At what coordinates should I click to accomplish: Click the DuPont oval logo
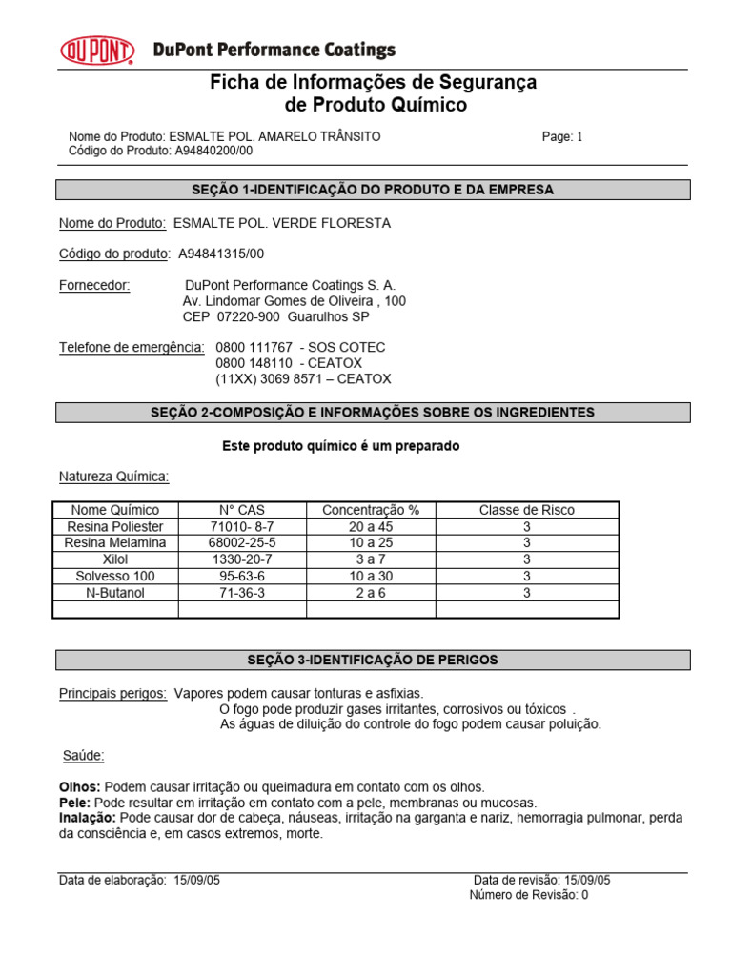98,50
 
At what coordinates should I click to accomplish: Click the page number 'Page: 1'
562,136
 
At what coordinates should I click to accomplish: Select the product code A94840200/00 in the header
214,151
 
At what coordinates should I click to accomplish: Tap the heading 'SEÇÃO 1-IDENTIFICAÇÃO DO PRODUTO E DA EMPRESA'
373,190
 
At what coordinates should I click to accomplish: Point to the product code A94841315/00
221,254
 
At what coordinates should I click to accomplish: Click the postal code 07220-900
249,316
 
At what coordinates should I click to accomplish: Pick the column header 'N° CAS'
242,510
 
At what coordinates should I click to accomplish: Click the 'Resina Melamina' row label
115,542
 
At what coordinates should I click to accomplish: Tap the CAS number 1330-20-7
241,559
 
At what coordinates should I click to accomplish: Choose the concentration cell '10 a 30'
371,576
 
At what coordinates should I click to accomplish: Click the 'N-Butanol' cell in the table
115,592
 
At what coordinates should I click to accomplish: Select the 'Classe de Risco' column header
526,510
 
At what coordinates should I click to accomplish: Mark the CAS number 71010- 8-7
241,526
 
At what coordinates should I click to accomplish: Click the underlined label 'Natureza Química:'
114,477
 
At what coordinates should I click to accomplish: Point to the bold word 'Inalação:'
89,818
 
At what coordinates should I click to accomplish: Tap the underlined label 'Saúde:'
84,756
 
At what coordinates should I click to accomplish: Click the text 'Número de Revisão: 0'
530,895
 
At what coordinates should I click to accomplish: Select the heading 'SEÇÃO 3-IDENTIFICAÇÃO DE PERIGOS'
373,660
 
